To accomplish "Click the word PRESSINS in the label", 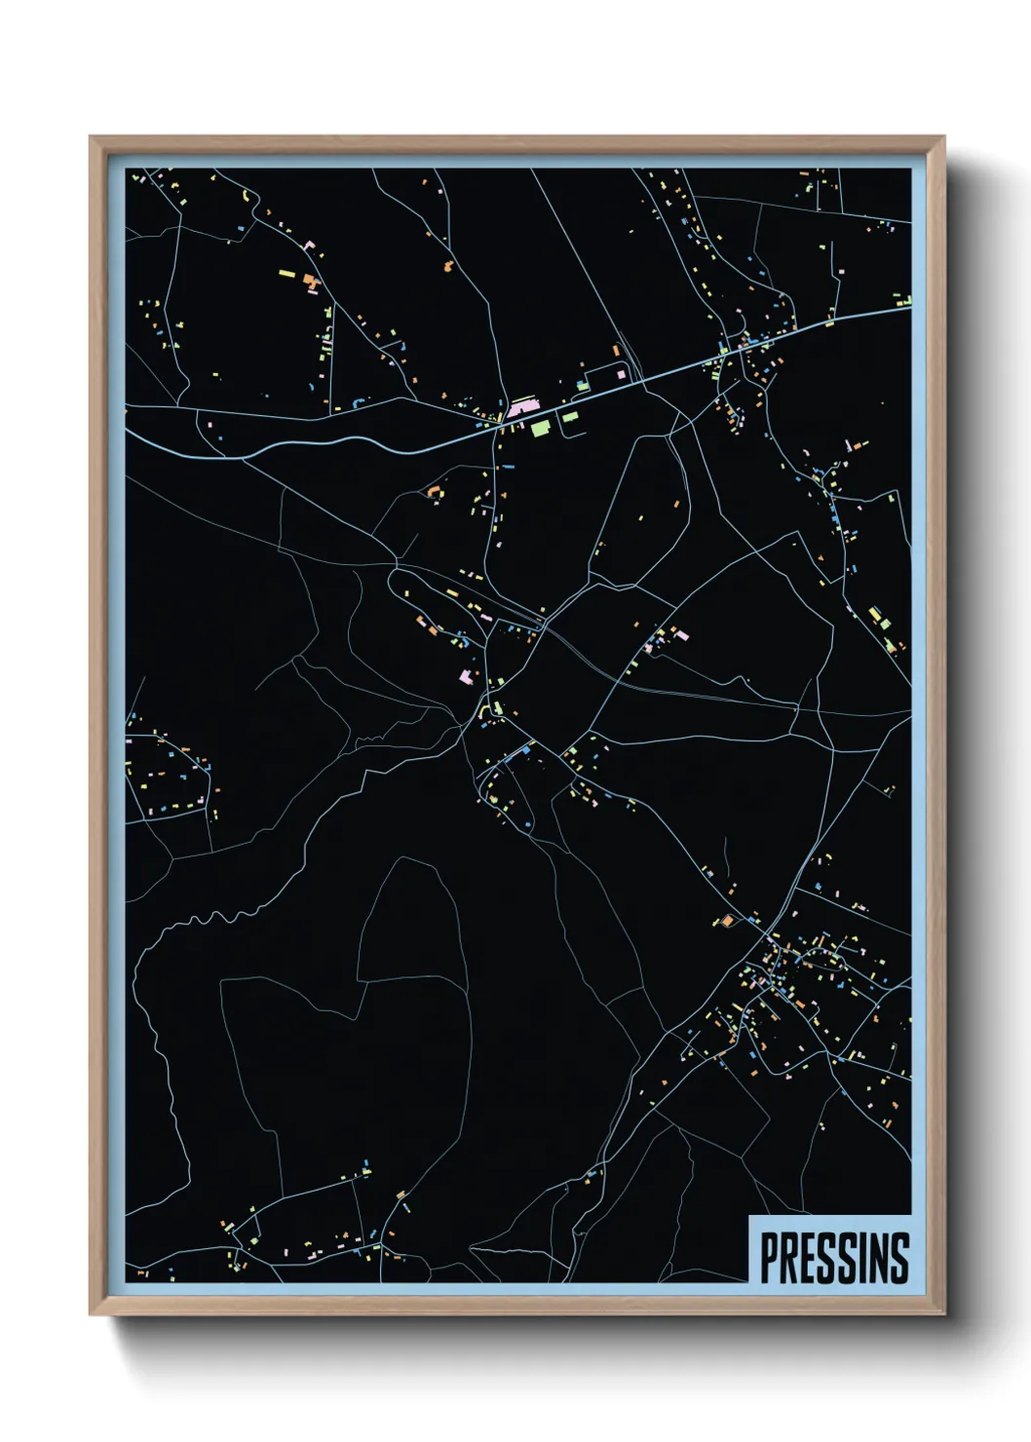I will pyautogui.click(x=833, y=1258).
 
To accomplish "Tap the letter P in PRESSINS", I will pyautogui.click(x=768, y=1258).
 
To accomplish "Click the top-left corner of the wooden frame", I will pyautogui.click(x=92, y=138).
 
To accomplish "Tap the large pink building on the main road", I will pyautogui.click(x=520, y=405).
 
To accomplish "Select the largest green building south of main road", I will pyautogui.click(x=540, y=426).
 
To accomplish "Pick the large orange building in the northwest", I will pyautogui.click(x=311, y=283).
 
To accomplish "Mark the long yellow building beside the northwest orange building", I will pyautogui.click(x=286, y=274).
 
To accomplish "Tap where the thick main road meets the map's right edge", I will pyautogui.click(x=909, y=308).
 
